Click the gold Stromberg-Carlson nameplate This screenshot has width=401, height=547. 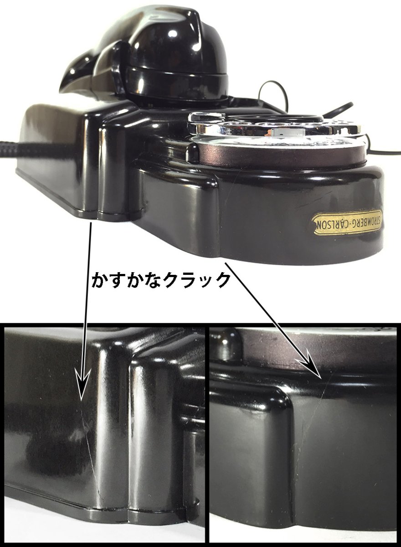click(347, 223)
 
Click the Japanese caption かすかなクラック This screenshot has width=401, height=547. click(161, 280)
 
